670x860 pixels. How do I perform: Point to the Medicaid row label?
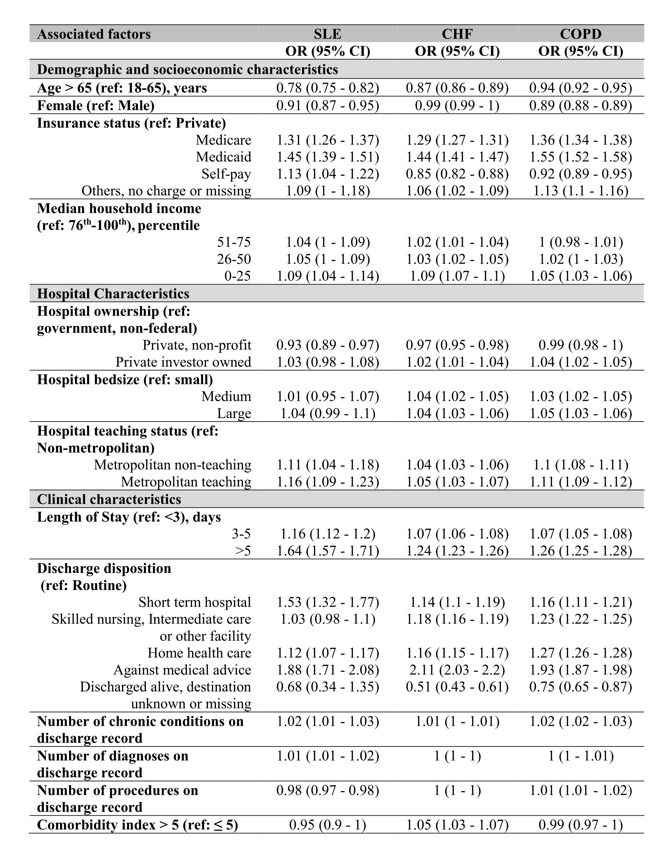click(223, 157)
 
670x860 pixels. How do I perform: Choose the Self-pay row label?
click(226, 174)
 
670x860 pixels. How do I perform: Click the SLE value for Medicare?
click(327, 140)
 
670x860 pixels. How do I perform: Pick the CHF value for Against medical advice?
click(457, 670)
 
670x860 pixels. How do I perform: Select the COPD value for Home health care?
click(581, 653)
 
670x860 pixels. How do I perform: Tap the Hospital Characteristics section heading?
click(113, 293)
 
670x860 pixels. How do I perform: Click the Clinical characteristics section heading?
click(109, 499)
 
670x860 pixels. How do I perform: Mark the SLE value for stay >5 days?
click(327, 550)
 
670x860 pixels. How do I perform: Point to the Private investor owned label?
click(183, 362)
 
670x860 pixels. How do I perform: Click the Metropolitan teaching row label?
click(186, 482)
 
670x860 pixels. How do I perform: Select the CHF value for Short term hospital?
click(457, 602)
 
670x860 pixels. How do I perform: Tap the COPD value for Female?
click(581, 106)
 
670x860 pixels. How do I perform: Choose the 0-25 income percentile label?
click(238, 276)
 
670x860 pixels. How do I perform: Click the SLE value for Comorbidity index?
click(327, 825)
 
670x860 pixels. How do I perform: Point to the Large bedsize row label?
click(234, 413)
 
